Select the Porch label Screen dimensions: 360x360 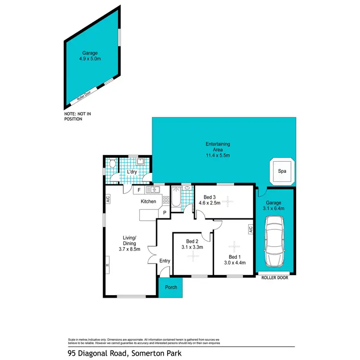[x=171, y=288]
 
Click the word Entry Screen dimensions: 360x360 [x=165, y=261]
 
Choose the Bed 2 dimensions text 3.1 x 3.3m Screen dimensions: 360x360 [x=192, y=247]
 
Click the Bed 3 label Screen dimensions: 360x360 [x=209, y=197]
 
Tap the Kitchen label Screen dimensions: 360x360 [x=148, y=201]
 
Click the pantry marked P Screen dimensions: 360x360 [x=165, y=213]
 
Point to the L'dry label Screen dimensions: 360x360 [x=132, y=172]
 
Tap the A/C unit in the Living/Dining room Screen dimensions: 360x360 [x=108, y=198]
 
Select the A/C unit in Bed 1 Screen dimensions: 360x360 [x=250, y=230]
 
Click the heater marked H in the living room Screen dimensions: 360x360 [x=108, y=265]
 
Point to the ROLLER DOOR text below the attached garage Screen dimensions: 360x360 [x=275, y=277]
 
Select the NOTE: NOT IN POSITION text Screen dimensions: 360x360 [x=76, y=117]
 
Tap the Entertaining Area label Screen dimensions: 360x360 [x=217, y=147]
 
